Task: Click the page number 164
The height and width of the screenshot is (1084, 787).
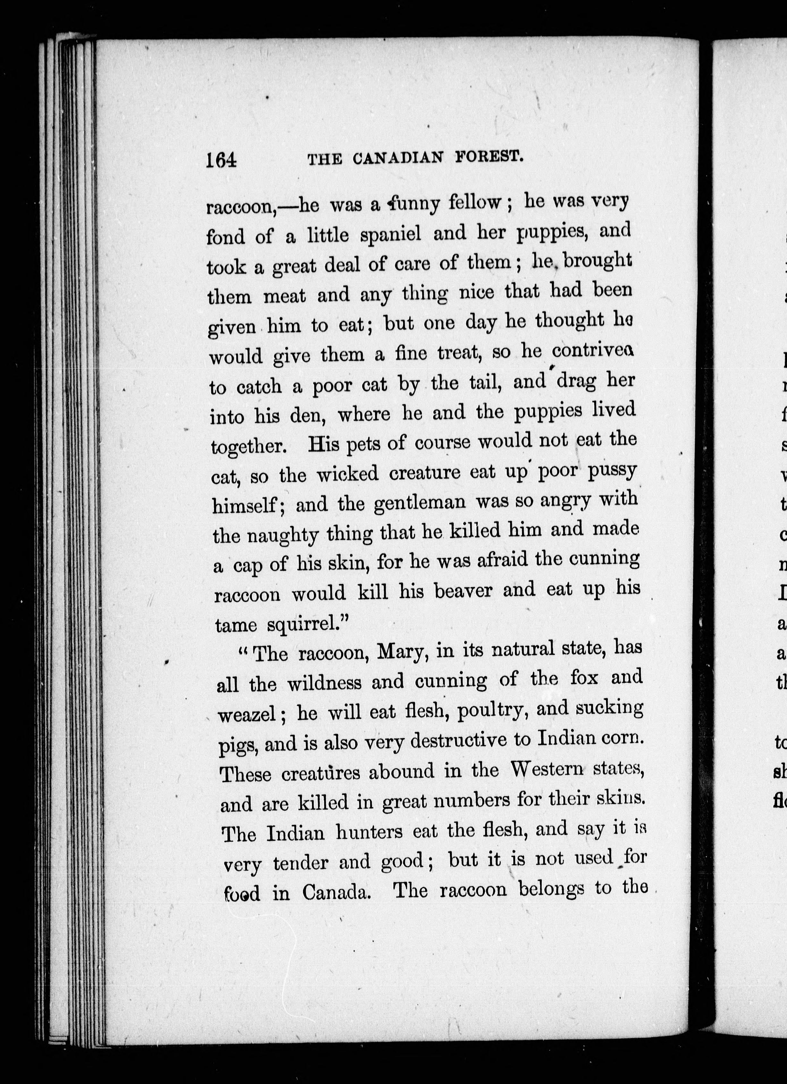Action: click(x=221, y=160)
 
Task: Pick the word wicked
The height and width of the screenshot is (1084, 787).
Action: click(x=347, y=474)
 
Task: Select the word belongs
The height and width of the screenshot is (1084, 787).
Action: click(x=551, y=889)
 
